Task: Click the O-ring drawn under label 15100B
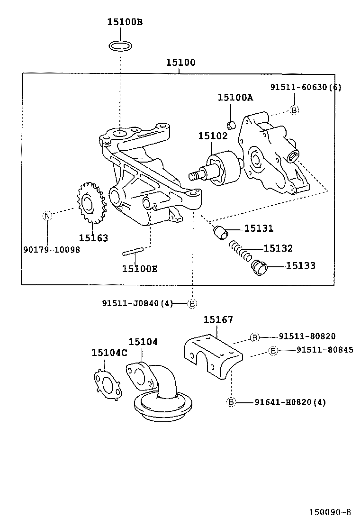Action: (120, 46)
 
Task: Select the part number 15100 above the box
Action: (180, 63)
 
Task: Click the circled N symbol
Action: (47, 216)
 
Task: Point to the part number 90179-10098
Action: (51, 249)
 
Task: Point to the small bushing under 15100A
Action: (231, 125)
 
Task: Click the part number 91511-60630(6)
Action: (306, 87)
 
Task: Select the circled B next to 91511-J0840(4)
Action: (192, 304)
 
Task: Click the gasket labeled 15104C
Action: (107, 382)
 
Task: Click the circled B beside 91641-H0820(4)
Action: (231, 402)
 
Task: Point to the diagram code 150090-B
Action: (330, 512)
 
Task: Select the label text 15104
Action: (143, 342)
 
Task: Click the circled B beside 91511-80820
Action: (254, 337)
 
